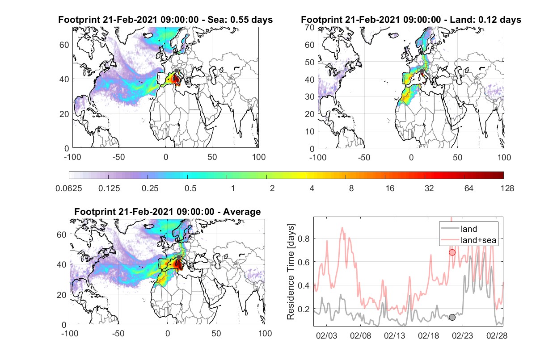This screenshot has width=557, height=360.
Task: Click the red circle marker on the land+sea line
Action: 452,252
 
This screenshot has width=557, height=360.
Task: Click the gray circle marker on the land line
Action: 452,317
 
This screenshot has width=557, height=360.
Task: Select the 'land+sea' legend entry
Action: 469,240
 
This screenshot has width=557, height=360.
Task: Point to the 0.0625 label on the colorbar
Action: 69,188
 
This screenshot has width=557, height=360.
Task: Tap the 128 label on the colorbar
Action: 507,188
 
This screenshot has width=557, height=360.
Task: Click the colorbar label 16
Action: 390,188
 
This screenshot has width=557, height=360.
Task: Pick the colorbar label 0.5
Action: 190,188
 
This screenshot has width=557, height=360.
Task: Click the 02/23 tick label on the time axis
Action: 463,335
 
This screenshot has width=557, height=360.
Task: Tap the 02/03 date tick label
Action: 326,335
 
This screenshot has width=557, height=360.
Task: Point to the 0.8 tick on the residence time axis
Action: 304,239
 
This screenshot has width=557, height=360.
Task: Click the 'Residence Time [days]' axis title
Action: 291,272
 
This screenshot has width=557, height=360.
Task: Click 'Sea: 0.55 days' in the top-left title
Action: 240,20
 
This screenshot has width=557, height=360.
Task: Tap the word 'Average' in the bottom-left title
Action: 242,212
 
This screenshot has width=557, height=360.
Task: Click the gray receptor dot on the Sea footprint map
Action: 176,71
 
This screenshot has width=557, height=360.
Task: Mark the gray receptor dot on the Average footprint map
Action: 179,257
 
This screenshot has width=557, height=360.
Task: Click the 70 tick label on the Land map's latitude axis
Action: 310,27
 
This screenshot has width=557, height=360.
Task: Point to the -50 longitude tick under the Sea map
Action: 119,157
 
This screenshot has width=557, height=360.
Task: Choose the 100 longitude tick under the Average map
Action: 265,333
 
